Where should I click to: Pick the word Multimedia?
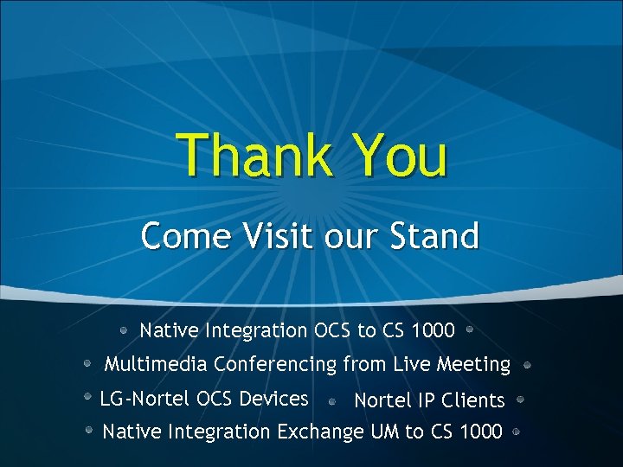pyautogui.click(x=155, y=365)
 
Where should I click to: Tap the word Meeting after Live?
pyautogui.click(x=473, y=365)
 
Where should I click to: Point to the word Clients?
pyautogui.click(x=473, y=400)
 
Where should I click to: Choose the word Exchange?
pyautogui.click(x=320, y=431)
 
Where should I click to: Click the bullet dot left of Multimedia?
pyautogui.click(x=88, y=364)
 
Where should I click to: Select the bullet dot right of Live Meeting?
pyautogui.click(x=527, y=365)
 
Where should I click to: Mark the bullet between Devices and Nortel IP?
pyautogui.click(x=332, y=401)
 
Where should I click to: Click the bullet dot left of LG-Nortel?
pyautogui.click(x=87, y=396)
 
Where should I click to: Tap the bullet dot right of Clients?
pyautogui.click(x=520, y=400)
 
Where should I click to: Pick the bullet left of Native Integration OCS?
pyautogui.click(x=125, y=329)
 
